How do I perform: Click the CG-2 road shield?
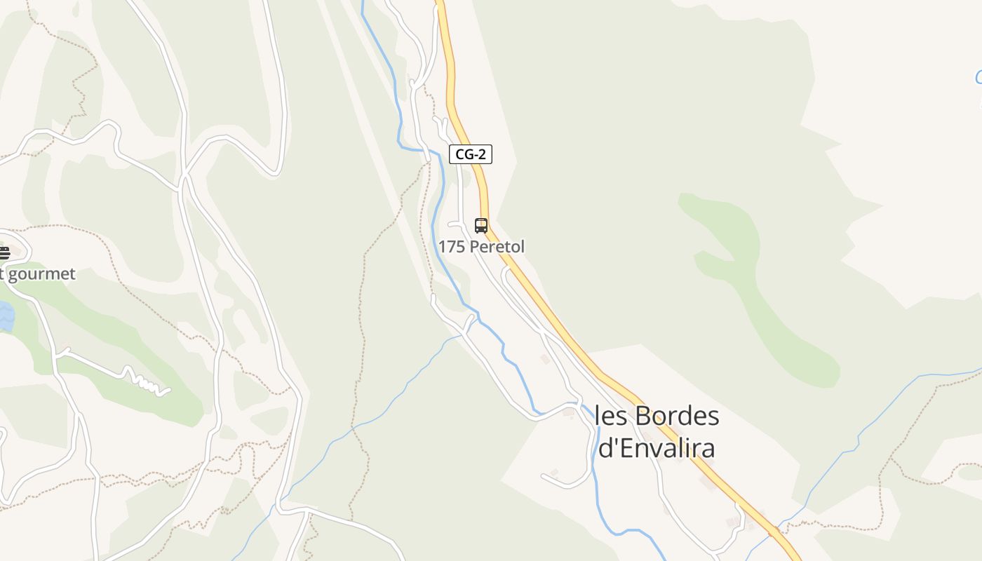coord(470,154)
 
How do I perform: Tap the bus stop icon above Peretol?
coord(481,226)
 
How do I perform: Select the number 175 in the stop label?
coord(452,247)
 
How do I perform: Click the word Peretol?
coord(497,247)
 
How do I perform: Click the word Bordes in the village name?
coord(678,416)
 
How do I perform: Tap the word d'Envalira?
coord(657,447)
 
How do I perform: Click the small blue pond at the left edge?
coord(6,316)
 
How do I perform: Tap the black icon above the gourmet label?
coord(4,252)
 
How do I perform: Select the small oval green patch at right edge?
coord(971,473)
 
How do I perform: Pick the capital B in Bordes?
coord(644,416)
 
